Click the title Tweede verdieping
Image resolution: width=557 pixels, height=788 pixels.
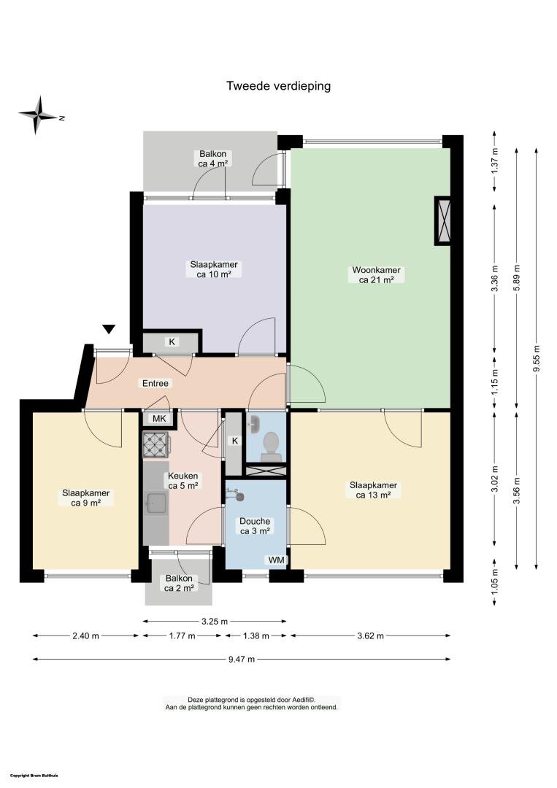(279, 86)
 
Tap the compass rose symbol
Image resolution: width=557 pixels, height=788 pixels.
(38, 115)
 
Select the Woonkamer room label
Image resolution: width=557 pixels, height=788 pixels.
(376, 270)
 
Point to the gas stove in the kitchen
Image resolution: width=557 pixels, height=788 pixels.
(156, 445)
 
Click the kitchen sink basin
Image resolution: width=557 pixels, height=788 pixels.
(156, 503)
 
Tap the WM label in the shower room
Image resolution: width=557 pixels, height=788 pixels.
(276, 560)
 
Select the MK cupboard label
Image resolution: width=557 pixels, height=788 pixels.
(159, 419)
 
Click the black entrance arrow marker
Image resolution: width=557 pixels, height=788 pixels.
(109, 330)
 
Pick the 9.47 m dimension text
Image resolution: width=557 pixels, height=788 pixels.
(242, 660)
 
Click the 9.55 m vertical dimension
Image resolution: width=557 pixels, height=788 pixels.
(537, 358)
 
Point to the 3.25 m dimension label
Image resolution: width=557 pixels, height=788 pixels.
(215, 621)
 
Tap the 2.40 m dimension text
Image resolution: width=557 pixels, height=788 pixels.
(86, 636)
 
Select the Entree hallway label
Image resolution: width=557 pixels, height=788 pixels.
(155, 384)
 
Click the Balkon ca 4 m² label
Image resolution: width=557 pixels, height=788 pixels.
(213, 159)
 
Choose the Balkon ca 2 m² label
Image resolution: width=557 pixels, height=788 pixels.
(179, 583)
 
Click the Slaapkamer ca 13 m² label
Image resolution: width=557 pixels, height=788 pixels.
(374, 490)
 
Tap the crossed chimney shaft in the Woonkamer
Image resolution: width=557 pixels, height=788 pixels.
(443, 220)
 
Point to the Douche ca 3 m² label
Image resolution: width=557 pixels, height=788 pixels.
(255, 526)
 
